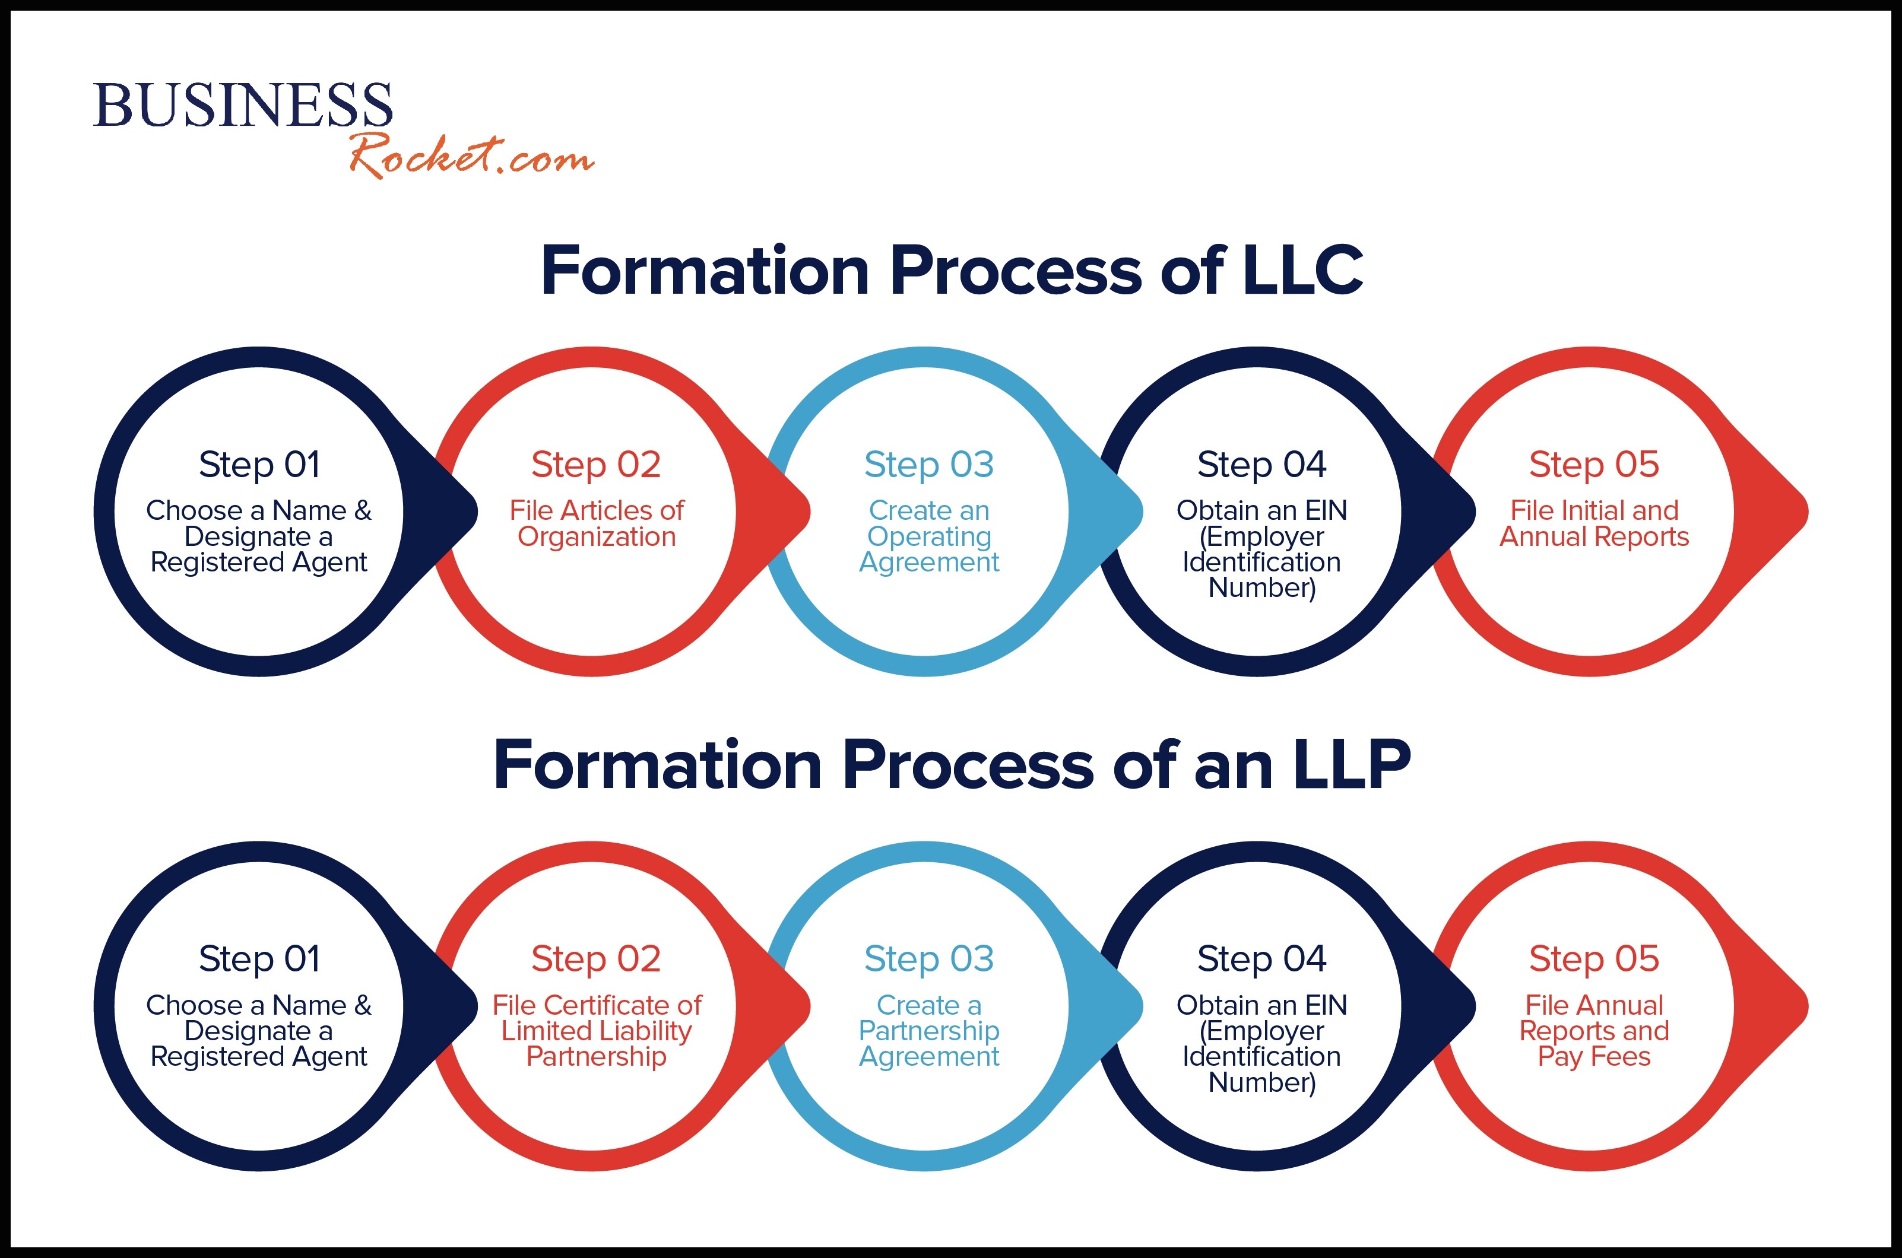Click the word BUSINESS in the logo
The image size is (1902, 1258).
coord(242,105)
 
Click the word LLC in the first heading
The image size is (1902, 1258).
coord(1302,271)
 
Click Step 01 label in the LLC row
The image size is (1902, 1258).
coord(259,465)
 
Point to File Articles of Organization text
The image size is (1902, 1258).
coord(596,523)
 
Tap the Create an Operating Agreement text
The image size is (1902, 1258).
coord(928,536)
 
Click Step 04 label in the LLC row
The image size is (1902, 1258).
coord(1261,465)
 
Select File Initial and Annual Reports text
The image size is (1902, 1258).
coord(1594,523)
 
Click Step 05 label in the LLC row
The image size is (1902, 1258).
coord(1594,465)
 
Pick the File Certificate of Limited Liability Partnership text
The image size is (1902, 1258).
coord(596,1030)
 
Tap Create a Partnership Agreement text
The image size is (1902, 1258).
coord(928,1030)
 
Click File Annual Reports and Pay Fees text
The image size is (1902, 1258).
coord(1594,1030)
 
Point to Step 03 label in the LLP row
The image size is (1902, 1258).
coord(928,960)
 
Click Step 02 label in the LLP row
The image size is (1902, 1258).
coord(595,960)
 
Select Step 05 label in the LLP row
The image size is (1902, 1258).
coord(1594,960)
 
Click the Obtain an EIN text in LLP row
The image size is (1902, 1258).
coord(1261,1005)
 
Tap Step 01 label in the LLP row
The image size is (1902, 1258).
coord(259,960)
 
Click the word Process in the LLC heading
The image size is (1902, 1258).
coord(1016,271)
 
